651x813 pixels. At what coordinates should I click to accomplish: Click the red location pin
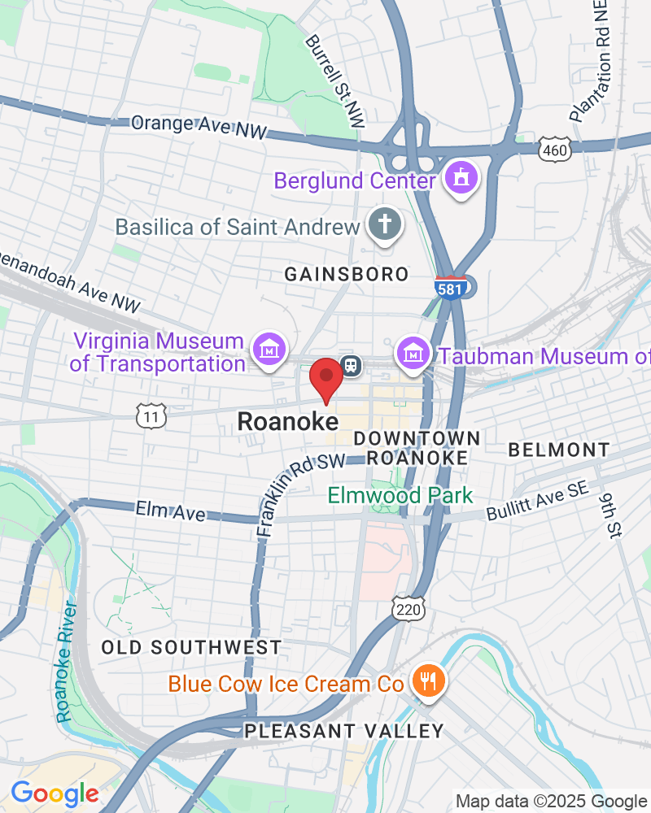pyautogui.click(x=326, y=377)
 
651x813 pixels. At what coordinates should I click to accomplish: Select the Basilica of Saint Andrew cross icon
pyautogui.click(x=382, y=225)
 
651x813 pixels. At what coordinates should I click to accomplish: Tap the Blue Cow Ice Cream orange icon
pyautogui.click(x=426, y=681)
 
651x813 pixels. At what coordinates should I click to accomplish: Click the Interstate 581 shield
pyautogui.click(x=453, y=288)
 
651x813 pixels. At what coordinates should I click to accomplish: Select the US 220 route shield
pyautogui.click(x=406, y=606)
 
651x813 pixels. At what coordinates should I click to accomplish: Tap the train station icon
pyautogui.click(x=352, y=365)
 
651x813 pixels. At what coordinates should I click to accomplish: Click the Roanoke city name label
pyautogui.click(x=287, y=422)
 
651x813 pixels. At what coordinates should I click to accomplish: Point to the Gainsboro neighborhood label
pyautogui.click(x=346, y=275)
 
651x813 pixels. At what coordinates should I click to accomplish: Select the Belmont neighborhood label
pyautogui.click(x=558, y=450)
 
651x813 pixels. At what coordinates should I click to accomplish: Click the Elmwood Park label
pyautogui.click(x=400, y=495)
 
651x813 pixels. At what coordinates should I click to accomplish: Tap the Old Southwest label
pyautogui.click(x=191, y=648)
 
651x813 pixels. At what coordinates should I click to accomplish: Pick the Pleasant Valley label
pyautogui.click(x=344, y=731)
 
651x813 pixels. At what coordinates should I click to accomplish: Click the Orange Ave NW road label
pyautogui.click(x=199, y=126)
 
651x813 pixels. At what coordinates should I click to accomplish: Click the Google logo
pyautogui.click(x=55, y=793)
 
